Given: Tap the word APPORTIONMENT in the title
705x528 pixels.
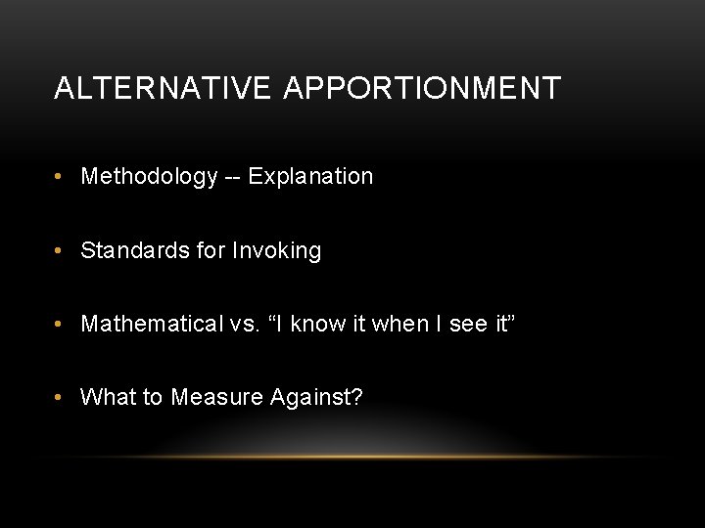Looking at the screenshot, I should coord(422,89).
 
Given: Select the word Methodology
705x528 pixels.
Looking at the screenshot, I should coord(149,177).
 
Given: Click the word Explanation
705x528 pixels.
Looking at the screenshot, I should coord(310,177).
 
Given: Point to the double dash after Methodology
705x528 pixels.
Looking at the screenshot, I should coord(233,178).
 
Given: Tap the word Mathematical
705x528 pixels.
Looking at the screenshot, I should coord(152,324).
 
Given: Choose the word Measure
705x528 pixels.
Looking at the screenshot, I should coord(211,397).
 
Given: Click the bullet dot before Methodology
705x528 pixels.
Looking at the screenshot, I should coord(60,177).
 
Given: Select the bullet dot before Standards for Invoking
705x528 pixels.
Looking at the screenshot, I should coord(60,251).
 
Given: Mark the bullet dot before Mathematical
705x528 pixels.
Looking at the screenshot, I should coord(60,325).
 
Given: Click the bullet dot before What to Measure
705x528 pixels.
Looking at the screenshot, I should coord(60,397).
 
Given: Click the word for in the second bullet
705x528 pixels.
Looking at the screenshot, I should coord(211,251).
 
